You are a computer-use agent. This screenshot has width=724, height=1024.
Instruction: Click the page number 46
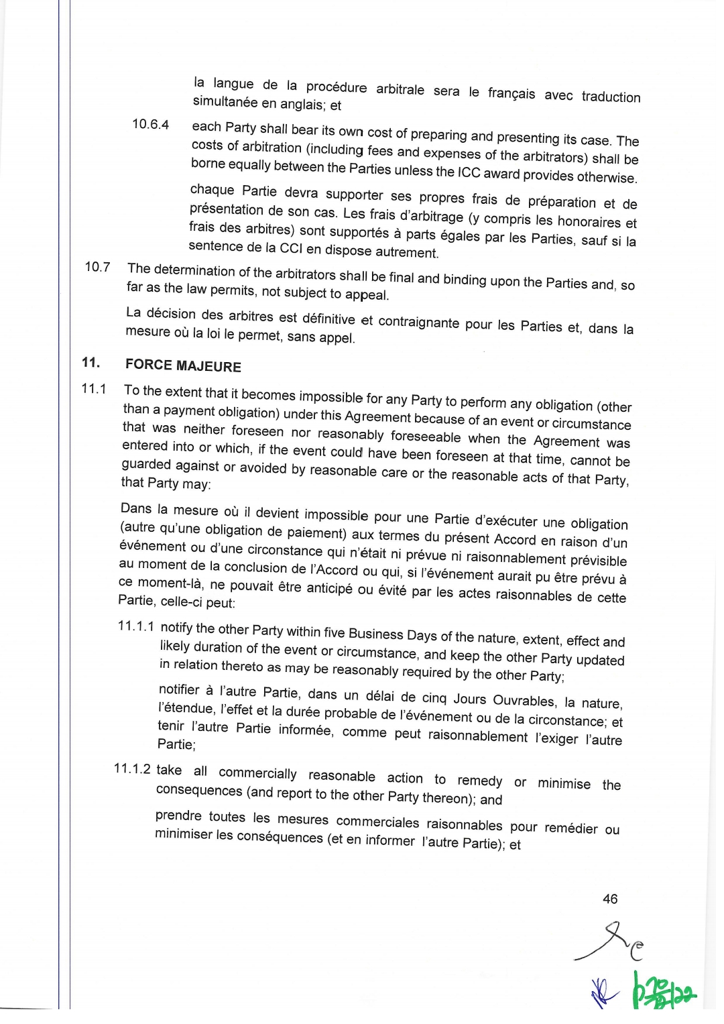coord(610,899)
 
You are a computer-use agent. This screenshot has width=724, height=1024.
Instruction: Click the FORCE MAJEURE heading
coord(183,365)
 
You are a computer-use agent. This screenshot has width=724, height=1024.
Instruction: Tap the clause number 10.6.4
coord(150,124)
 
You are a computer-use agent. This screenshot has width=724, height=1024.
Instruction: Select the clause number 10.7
coord(98,266)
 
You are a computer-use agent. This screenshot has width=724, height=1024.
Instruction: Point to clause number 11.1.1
coord(136,626)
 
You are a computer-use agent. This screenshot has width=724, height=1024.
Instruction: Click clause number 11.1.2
coord(133,769)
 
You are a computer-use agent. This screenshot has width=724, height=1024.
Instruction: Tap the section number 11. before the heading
coord(91,363)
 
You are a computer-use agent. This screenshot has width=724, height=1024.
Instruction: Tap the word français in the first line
coord(511,93)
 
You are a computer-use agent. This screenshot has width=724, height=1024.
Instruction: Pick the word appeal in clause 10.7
coord(367,295)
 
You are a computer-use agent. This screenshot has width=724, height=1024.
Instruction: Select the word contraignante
coord(418,323)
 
